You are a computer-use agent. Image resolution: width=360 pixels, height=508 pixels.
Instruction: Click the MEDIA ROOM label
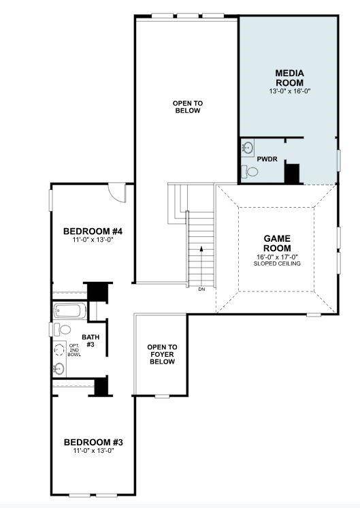coord(289,78)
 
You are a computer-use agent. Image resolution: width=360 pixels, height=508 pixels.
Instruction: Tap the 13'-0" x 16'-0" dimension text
coord(289,91)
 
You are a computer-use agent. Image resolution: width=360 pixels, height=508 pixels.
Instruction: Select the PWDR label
coord(266,159)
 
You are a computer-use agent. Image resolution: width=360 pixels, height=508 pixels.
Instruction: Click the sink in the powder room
coord(247,147)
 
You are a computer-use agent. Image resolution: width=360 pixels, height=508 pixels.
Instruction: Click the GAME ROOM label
coord(277,243)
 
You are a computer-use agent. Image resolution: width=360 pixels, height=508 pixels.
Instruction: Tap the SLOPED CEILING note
coord(277,263)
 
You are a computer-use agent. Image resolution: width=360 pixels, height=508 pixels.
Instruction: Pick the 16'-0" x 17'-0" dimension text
coord(277,257)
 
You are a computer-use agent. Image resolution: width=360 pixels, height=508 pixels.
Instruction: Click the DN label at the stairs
coord(201,289)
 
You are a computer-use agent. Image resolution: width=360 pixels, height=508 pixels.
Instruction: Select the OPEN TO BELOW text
coord(187,107)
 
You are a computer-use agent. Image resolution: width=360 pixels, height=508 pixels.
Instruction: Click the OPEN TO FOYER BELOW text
coord(162,354)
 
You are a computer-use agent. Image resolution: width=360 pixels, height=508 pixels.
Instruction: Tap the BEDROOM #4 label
coord(93,230)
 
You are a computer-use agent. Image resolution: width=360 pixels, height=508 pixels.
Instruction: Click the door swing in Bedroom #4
coord(118,193)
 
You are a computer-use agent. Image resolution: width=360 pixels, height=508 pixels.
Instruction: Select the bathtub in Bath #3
coord(70,311)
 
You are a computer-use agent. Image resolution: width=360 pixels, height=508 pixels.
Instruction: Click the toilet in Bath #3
coord(64,330)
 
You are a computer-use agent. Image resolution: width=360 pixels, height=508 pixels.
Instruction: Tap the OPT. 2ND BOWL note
coord(74,350)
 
